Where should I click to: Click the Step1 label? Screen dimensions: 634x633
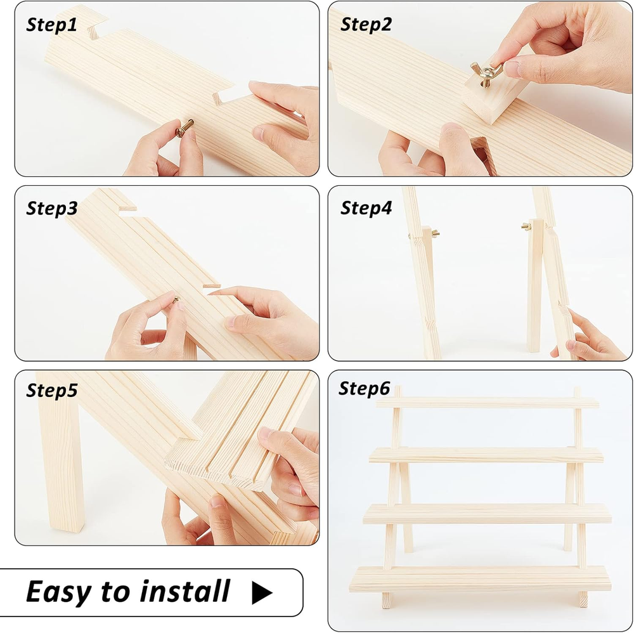pyautogui.click(x=51, y=25)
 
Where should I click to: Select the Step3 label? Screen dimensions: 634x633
pyautogui.click(x=52, y=208)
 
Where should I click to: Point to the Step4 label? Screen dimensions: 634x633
pyautogui.click(x=366, y=207)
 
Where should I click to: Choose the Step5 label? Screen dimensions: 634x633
pyautogui.click(x=52, y=390)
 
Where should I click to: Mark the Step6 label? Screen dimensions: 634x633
pyautogui.click(x=365, y=388)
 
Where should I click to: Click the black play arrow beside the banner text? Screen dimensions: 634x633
pyautogui.click(x=262, y=592)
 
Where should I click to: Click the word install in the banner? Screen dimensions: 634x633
pyautogui.click(x=185, y=591)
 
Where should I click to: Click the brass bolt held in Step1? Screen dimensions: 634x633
pyautogui.click(x=184, y=128)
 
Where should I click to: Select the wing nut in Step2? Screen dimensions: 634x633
pyautogui.click(x=486, y=72)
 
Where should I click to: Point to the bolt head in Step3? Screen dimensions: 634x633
pyautogui.click(x=176, y=300)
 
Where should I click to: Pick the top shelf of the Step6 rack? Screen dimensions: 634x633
pyautogui.click(x=487, y=403)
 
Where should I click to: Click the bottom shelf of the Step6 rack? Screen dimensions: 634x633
pyautogui.click(x=481, y=578)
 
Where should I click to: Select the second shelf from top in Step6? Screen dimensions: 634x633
pyautogui.click(x=486, y=455)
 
